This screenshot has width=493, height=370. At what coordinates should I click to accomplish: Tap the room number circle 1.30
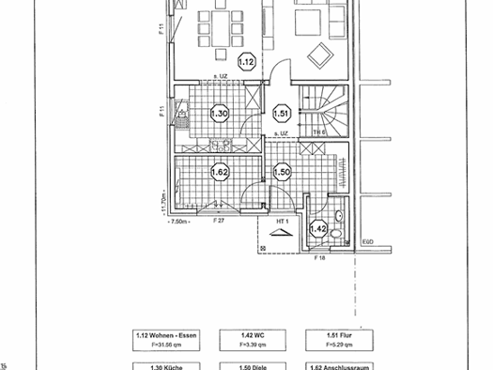coord(219,114)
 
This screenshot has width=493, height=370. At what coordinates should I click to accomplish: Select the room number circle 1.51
coord(281,114)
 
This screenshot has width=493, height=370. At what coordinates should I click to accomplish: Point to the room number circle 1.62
coord(219,173)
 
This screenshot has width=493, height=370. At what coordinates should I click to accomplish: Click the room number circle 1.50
coord(281,172)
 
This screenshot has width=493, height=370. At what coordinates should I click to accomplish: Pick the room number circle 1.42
coord(317,227)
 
